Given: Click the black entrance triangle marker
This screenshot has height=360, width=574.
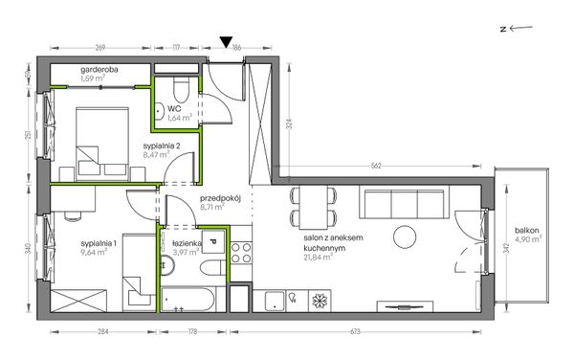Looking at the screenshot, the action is pos(226,42).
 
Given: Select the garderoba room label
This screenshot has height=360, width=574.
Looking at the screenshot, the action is pos(99,70).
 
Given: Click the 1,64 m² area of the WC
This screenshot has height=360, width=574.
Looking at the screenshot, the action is pos(180,118).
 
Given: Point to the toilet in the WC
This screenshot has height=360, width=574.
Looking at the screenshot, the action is pos(181,90).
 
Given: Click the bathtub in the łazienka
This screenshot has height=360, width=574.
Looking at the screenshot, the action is pos(188,299).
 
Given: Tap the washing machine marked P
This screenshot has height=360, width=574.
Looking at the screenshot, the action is pos(213,241).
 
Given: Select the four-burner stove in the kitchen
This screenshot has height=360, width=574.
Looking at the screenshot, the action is pos(241,253).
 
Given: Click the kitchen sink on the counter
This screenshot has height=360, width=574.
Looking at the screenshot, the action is pos(274,301).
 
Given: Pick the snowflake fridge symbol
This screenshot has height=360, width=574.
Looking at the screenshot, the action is pos(320,301).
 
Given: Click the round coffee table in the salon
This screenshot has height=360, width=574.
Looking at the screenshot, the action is pos(405,236).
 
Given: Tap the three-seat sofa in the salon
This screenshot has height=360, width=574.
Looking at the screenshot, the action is pos(404,202).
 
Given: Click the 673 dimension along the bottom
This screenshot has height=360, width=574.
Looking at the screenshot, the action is pos(355,332).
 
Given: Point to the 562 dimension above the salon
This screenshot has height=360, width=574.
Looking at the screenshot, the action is pos(376,166).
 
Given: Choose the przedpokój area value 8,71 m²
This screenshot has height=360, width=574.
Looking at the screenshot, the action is pos(212,207).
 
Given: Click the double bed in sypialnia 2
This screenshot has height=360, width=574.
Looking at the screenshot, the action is pos(102,145).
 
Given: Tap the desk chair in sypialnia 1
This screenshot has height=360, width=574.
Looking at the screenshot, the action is pos(73,216).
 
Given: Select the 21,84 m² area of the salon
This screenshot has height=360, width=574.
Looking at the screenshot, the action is pos(318,258).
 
